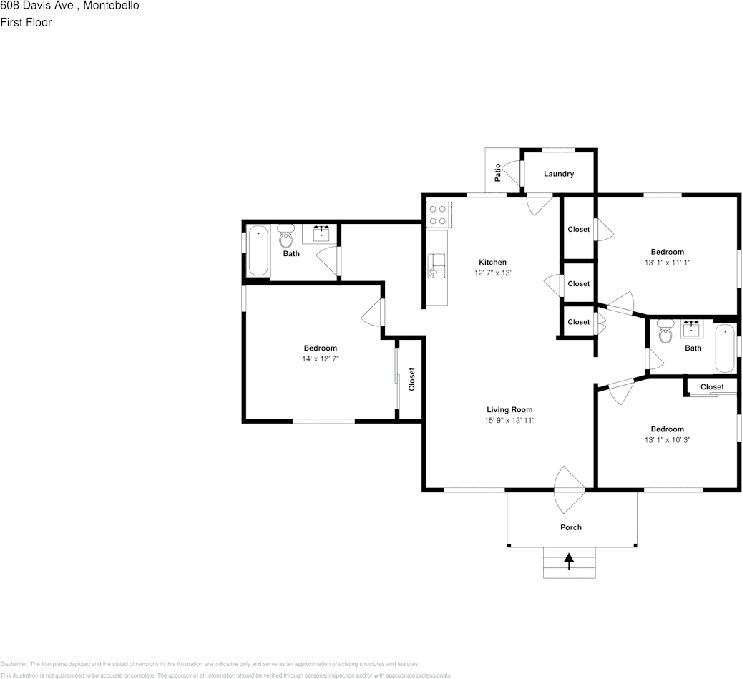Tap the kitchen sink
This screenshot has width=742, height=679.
click(x=436, y=266)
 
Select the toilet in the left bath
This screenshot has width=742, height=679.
click(x=285, y=236)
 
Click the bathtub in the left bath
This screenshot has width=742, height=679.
click(x=258, y=251)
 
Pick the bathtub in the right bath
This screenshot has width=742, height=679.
click(x=725, y=348)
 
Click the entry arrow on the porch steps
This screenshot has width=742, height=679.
click(x=569, y=561)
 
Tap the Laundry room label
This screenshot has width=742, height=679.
click(x=559, y=174)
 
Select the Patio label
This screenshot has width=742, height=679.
click(x=497, y=172)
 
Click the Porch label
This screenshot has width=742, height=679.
click(x=571, y=527)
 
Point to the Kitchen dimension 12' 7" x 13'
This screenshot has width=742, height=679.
click(x=492, y=273)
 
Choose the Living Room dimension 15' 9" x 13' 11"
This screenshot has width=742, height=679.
click(x=509, y=420)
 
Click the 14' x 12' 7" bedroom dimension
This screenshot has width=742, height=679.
click(x=321, y=358)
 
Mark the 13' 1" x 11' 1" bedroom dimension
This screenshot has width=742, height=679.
click(x=668, y=263)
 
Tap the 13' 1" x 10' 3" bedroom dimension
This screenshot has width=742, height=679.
click(x=668, y=439)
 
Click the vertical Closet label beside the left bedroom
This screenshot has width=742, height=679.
click(x=411, y=379)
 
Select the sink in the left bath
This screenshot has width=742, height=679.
click(x=322, y=234)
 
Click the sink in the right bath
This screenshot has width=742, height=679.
click(x=692, y=328)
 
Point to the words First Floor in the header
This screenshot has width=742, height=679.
click(x=26, y=22)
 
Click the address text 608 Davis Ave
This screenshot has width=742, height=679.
click(x=36, y=6)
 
